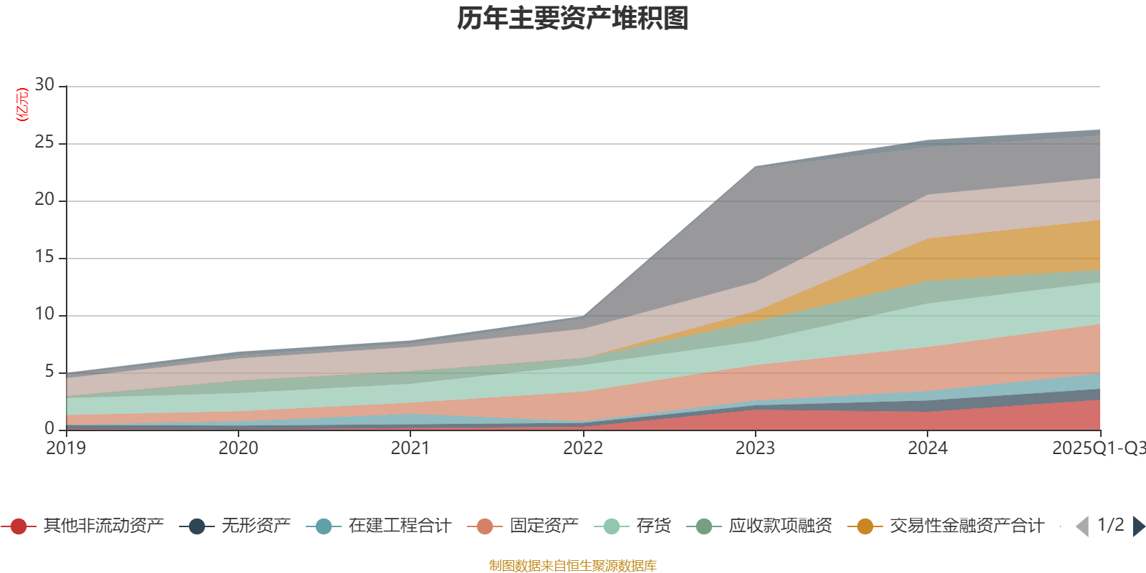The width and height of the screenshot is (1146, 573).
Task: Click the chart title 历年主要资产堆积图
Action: [x=573, y=19]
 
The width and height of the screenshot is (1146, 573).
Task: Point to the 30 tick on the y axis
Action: [x=44, y=85]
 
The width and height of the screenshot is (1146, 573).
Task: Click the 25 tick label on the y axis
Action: [x=44, y=143]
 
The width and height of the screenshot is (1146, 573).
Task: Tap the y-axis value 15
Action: [x=44, y=257]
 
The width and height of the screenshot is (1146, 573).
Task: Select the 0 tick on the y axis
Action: [x=49, y=428]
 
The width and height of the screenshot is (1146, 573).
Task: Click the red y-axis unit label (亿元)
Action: [x=22, y=105]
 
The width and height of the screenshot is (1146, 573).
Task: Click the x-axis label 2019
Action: [x=66, y=448]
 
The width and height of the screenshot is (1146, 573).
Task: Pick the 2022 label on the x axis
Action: [x=583, y=448]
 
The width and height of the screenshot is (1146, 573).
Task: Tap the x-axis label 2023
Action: [x=755, y=448]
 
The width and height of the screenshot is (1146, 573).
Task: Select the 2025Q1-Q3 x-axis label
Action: [x=1097, y=448]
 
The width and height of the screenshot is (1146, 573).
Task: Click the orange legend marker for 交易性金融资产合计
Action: [x=865, y=526]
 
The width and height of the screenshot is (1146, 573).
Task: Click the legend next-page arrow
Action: [x=1139, y=526]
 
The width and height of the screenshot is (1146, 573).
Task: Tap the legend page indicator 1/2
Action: [x=1110, y=525]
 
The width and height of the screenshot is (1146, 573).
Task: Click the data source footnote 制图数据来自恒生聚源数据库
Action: [x=573, y=566]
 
